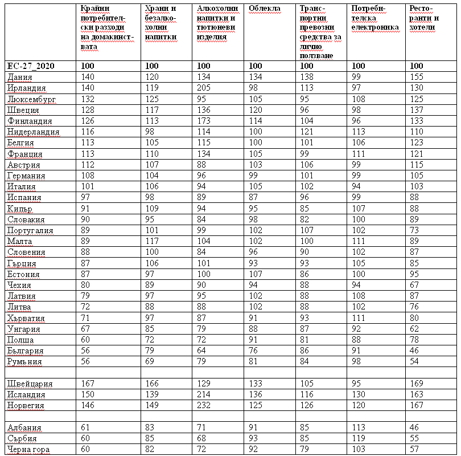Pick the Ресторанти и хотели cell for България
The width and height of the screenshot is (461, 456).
(416, 351)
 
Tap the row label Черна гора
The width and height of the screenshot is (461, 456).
(28, 449)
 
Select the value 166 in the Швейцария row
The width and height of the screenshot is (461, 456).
(153, 383)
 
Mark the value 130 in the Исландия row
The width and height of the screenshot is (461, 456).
(359, 394)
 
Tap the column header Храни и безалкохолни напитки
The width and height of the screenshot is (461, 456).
(161, 23)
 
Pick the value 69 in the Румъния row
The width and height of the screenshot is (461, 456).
(150, 361)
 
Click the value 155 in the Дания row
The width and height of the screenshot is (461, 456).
(418, 77)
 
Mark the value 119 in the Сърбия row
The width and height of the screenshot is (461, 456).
(359, 438)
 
